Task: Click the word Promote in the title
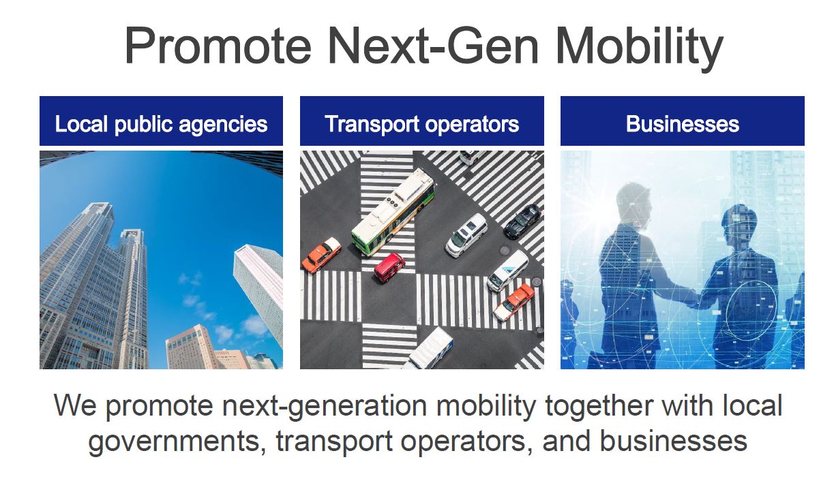tap(218, 46)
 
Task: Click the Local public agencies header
tap(161, 124)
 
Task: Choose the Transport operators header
tap(422, 124)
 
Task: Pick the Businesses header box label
tap(683, 124)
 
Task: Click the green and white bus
tap(393, 211)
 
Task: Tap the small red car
tap(389, 267)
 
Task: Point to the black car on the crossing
tap(523, 221)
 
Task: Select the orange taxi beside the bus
tap(321, 255)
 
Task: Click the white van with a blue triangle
tap(508, 270)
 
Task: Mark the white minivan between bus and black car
tap(466, 235)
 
